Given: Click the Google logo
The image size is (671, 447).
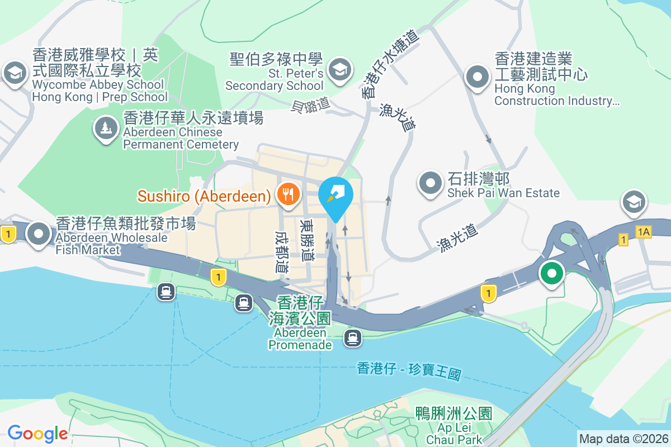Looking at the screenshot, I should (x=37, y=433).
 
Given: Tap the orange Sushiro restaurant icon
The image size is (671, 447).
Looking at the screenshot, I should (x=289, y=195).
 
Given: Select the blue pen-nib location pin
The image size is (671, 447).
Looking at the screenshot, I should (x=335, y=197).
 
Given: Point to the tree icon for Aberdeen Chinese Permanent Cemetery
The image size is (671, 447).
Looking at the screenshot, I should (x=106, y=129).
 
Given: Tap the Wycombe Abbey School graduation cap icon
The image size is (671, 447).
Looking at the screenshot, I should (x=15, y=73).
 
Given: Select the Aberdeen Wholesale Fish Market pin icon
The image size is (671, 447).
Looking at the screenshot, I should (x=39, y=234).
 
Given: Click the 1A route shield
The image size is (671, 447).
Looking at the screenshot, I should (x=643, y=231).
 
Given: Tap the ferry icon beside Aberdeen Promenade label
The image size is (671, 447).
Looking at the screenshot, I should (x=352, y=337).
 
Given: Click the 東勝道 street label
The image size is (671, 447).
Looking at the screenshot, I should (x=306, y=240).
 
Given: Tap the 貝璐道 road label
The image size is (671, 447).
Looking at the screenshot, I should (x=310, y=106).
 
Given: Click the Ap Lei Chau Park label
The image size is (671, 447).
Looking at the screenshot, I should (x=453, y=434).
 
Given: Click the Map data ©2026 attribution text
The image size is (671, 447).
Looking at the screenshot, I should (x=623, y=439).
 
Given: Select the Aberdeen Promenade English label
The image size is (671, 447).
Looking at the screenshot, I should (x=300, y=339).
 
